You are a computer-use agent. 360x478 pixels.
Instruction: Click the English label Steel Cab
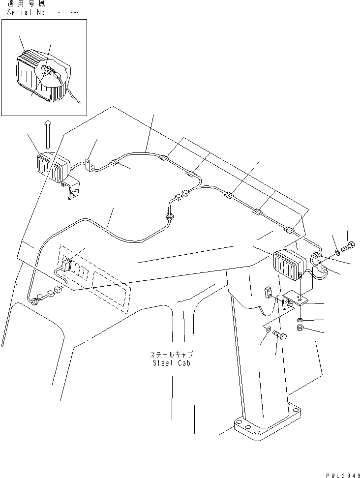pyautogui.click(x=171, y=363)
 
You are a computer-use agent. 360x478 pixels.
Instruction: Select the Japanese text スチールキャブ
pyautogui.click(x=172, y=355)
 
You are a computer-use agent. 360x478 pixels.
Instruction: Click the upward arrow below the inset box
pyautogui.click(x=48, y=135)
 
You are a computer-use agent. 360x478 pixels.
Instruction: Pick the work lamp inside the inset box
pyautogui.click(x=39, y=76)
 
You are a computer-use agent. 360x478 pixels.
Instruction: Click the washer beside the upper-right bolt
pyautogui.click(x=337, y=253)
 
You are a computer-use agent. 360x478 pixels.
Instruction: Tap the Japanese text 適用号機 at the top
pyautogui.click(x=22, y=4)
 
